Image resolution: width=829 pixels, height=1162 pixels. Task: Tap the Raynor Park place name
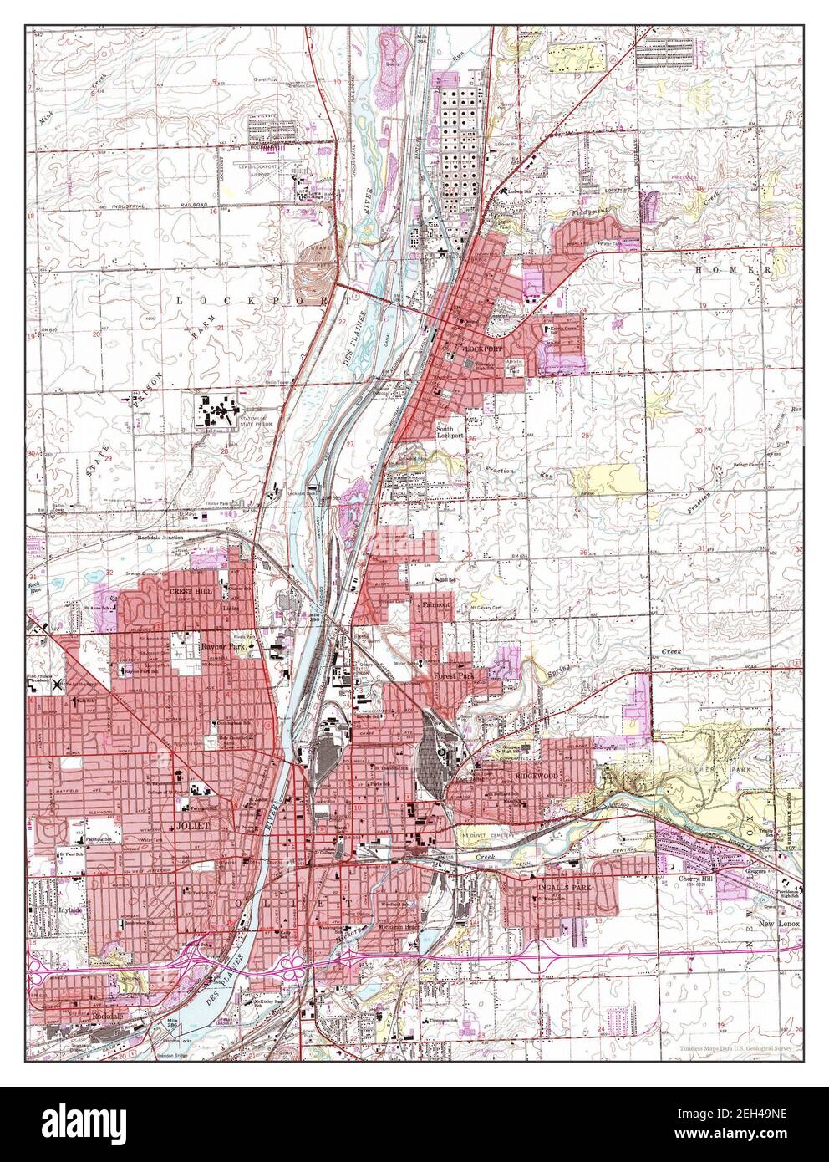click(220, 646)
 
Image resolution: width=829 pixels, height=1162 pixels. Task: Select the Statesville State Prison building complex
click(219, 412)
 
